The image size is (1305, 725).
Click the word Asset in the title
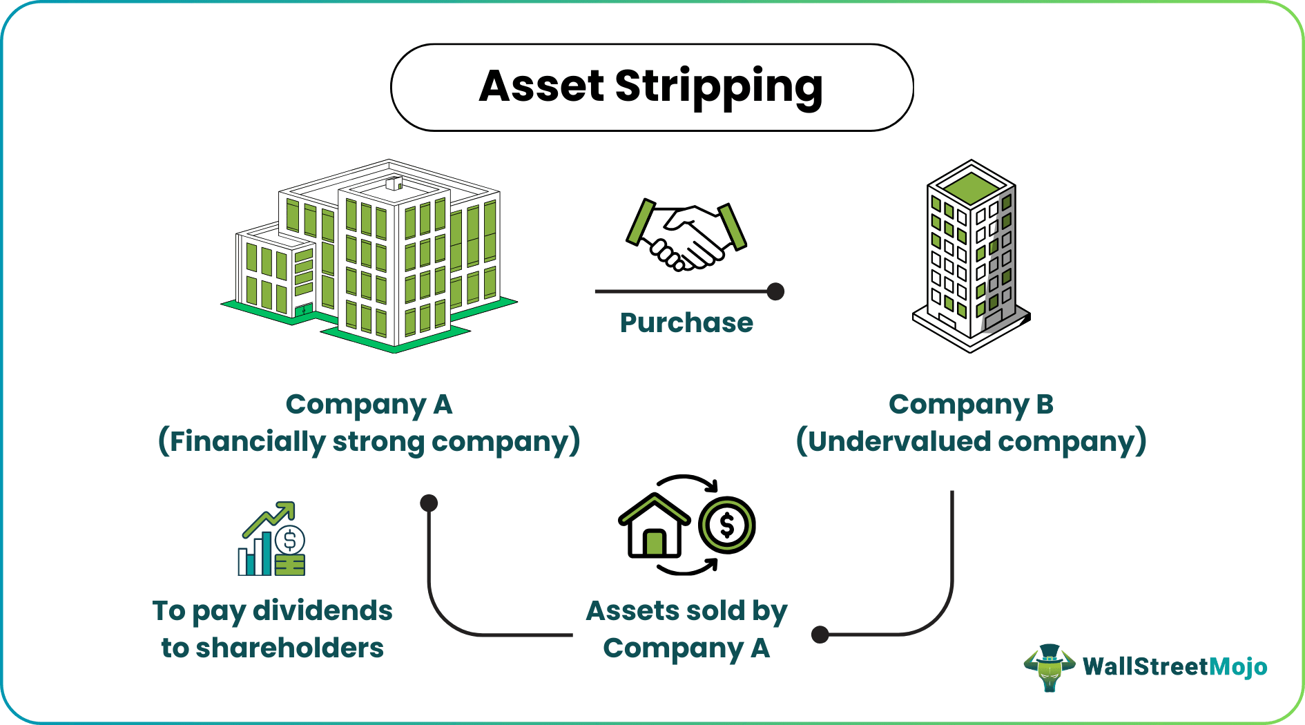(x=542, y=87)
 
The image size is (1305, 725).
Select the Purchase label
(x=686, y=322)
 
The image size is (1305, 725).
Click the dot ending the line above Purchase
(x=775, y=291)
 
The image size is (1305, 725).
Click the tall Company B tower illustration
(x=970, y=259)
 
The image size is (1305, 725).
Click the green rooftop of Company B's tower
(x=971, y=187)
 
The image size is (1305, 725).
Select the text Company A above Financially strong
(x=369, y=405)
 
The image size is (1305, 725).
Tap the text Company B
(x=971, y=405)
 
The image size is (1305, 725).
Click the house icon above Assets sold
(x=653, y=527)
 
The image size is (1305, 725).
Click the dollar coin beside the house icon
(x=726, y=525)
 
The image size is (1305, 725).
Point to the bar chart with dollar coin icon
(x=271, y=540)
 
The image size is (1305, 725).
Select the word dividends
(x=322, y=611)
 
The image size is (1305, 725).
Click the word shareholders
(x=289, y=648)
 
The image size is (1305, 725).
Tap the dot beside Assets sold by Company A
(x=820, y=635)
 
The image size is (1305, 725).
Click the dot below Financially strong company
(x=429, y=503)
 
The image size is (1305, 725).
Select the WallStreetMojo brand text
(x=1174, y=667)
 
